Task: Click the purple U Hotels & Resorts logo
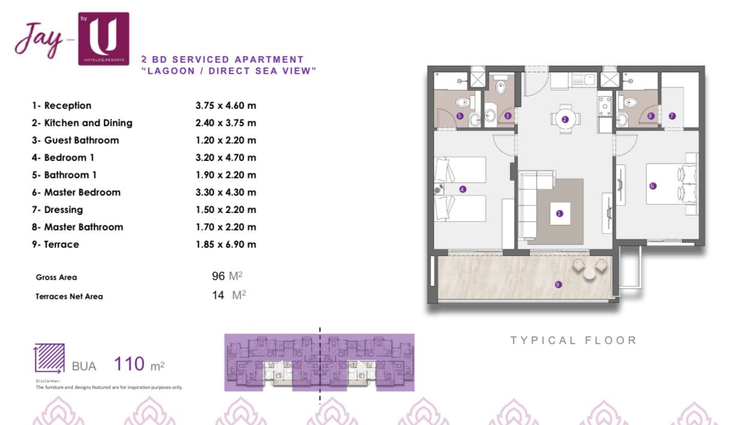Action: pos(104,39)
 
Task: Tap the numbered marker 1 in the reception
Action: pos(560,213)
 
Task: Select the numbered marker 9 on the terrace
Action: pos(558,284)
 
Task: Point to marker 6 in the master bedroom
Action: pos(653,186)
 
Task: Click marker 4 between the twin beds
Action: pos(462,189)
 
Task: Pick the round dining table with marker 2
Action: pos(565,119)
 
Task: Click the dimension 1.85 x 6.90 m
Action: pos(226,244)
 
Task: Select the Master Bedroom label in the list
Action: pos(82,192)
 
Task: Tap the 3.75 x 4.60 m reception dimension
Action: pos(226,105)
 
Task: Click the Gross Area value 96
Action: pos(218,276)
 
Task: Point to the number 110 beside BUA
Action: pos(129,364)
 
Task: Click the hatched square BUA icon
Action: pos(49,358)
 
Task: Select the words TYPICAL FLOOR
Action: pos(573,341)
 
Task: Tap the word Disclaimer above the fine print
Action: pos(48,381)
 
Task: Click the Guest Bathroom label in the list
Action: pos(81,140)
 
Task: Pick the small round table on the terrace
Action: pos(589,274)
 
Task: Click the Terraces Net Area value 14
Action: pos(218,295)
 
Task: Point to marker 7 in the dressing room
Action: pos(672,116)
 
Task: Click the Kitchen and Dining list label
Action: pos(88,123)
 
